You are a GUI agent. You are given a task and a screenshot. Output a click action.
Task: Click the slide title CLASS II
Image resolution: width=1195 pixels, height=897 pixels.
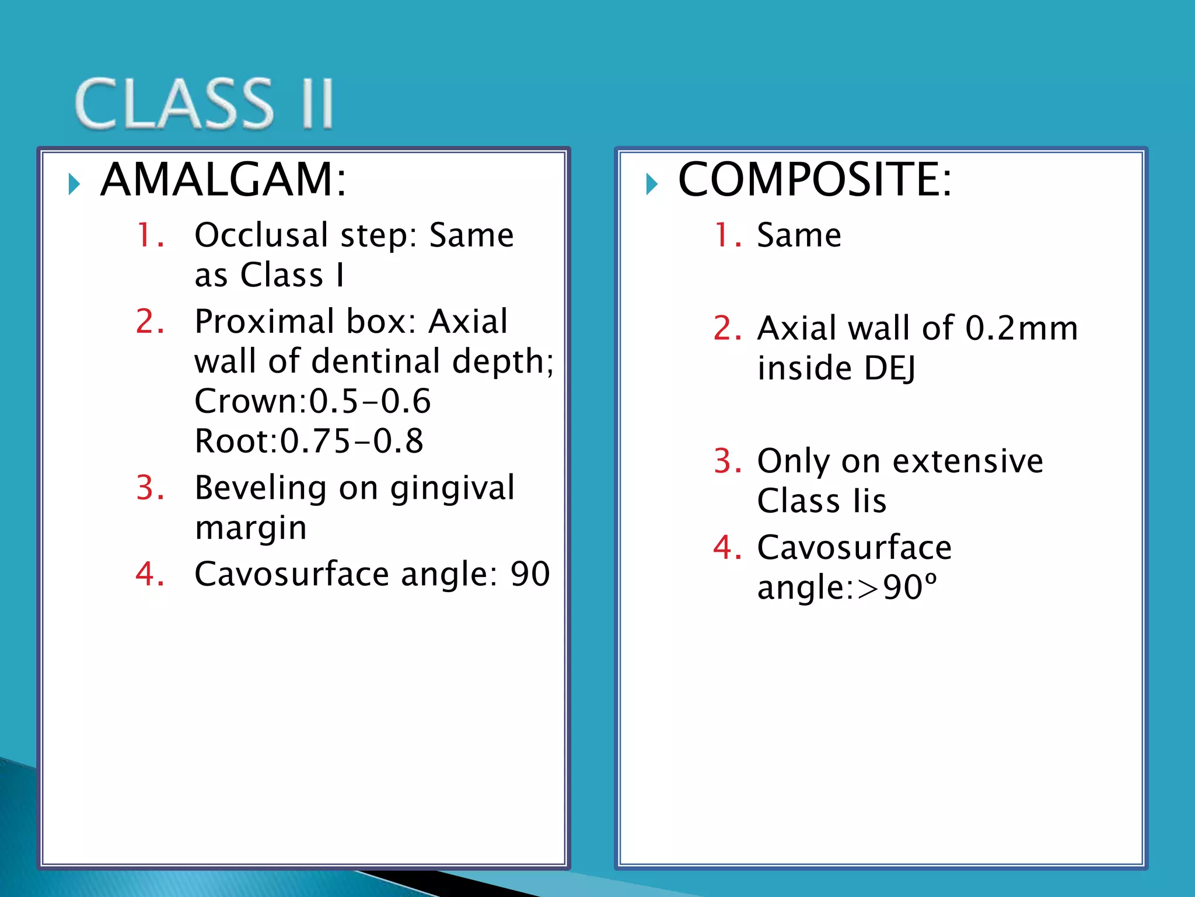coord(204,104)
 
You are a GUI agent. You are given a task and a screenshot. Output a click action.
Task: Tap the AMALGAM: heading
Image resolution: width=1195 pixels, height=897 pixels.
coord(223,179)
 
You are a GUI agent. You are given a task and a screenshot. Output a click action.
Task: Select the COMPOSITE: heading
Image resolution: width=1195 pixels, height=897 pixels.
coord(815,179)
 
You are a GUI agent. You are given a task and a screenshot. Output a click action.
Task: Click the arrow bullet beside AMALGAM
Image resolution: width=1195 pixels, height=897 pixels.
coord(74,185)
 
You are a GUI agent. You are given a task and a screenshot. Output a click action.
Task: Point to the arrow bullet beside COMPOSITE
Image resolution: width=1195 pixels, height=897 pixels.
coord(652,185)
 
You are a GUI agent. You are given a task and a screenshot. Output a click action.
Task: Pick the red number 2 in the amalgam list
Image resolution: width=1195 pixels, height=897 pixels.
coord(149,322)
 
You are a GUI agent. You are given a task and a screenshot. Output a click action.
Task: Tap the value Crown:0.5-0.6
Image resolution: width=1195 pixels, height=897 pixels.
coord(313,401)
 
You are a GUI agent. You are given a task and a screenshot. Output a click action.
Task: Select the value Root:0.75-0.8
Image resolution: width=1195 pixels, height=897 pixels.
coord(309,441)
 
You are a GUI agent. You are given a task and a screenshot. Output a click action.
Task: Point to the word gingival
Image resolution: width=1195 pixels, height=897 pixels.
coord(452,488)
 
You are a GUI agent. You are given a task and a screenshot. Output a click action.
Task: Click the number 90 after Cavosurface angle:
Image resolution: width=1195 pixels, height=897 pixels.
coord(530,574)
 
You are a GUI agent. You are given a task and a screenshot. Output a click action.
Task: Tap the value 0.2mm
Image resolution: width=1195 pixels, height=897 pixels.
coord(1021,328)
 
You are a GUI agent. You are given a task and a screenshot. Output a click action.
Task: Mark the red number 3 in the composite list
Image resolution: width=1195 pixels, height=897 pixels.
coord(727,461)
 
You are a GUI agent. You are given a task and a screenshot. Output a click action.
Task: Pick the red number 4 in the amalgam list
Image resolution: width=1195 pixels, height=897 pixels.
coord(149,574)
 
